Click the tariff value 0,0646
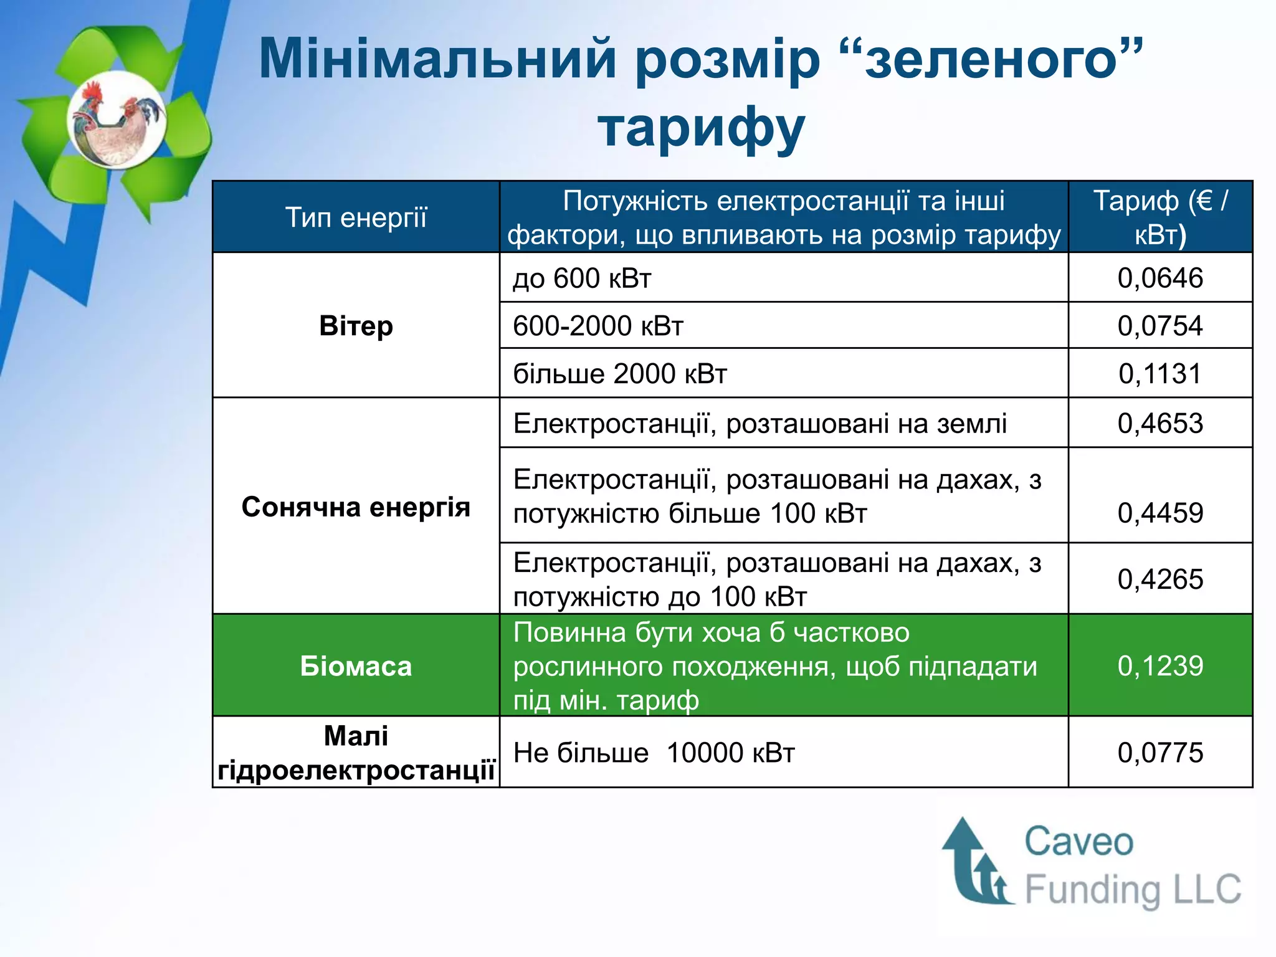(1159, 278)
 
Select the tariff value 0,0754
(1159, 326)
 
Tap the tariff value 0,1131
(1159, 374)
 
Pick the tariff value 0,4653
(1159, 424)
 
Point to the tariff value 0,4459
(1159, 513)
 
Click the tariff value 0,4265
(1159, 579)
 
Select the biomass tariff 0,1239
(1159, 666)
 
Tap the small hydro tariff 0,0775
(1159, 753)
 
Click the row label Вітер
(356, 326)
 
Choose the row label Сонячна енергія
(356, 507)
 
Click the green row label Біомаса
(356, 666)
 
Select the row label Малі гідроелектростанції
(356, 753)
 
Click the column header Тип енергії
(356, 217)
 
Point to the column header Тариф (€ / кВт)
(1159, 217)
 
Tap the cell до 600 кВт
(582, 278)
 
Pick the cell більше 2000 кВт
(620, 374)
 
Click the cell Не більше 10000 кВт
(654, 753)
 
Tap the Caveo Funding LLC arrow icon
(976, 863)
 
